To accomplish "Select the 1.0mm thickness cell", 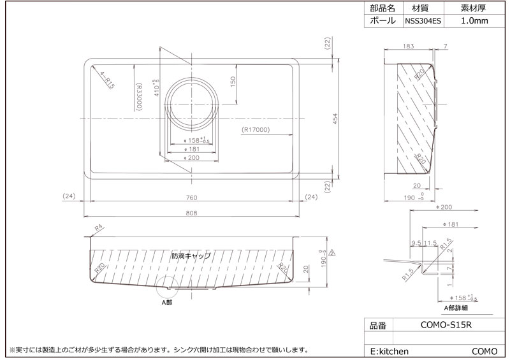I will click(474, 21).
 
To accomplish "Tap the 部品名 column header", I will click(382, 8).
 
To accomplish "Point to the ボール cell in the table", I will click(382, 21).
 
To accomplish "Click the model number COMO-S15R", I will click(447, 325).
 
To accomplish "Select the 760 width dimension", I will click(191, 197).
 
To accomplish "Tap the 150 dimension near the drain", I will click(233, 82).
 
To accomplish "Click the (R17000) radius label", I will click(258, 130).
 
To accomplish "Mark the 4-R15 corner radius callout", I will click(101, 80).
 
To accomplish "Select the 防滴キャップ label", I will click(191, 256).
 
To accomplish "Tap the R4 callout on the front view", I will click(98, 227).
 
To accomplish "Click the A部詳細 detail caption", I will click(456, 307).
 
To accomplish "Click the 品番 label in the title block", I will click(378, 325).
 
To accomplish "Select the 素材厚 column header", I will click(474, 8).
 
